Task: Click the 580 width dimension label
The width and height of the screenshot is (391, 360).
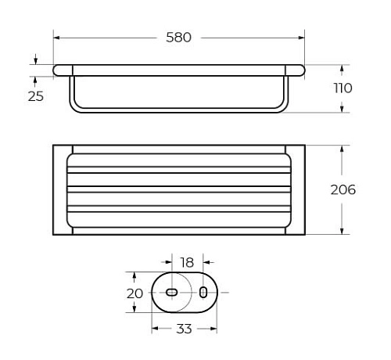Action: coord(179,37)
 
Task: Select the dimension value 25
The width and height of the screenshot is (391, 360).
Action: coord(35,96)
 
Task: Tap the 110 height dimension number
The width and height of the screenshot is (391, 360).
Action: coord(343,88)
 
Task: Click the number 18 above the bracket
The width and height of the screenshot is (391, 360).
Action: coord(187,264)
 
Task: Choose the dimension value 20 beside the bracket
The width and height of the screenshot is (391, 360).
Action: coord(135,293)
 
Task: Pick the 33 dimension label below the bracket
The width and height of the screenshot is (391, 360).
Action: coord(183,329)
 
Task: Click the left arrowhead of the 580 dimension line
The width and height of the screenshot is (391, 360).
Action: coord(56,37)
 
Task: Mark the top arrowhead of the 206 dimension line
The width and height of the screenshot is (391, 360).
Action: coord(342,149)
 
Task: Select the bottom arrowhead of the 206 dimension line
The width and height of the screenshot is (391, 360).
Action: coord(342,231)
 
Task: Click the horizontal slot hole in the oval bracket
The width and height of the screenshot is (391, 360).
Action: coord(171,293)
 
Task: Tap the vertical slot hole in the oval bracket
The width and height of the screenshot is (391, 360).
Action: coord(203,293)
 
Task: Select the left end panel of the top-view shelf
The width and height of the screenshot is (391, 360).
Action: coord(62,189)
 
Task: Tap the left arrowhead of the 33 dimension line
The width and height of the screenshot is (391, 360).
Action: coord(154,329)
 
